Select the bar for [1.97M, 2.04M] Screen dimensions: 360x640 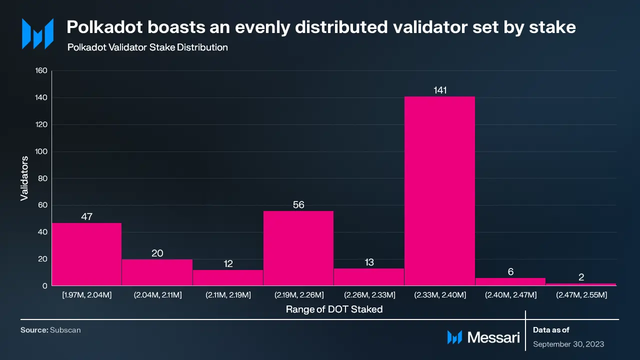86,254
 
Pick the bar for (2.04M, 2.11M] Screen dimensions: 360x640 157,272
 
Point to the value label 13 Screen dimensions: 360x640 369,262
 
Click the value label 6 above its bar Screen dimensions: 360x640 510,271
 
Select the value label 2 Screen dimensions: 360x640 581,277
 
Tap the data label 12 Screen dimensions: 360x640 228,264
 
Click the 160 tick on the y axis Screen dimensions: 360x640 41,71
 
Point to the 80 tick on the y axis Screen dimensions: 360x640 42,178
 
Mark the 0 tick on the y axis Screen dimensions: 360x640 44,286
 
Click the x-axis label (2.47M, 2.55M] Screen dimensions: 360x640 581,295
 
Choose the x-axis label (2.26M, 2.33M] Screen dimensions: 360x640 369,295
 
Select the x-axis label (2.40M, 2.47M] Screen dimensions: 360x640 510,295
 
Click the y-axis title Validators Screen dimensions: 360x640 24,178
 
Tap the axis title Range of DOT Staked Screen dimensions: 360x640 334,309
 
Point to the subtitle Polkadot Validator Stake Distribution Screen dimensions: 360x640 147,47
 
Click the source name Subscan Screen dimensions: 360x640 65,330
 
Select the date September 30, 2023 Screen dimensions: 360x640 568,344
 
